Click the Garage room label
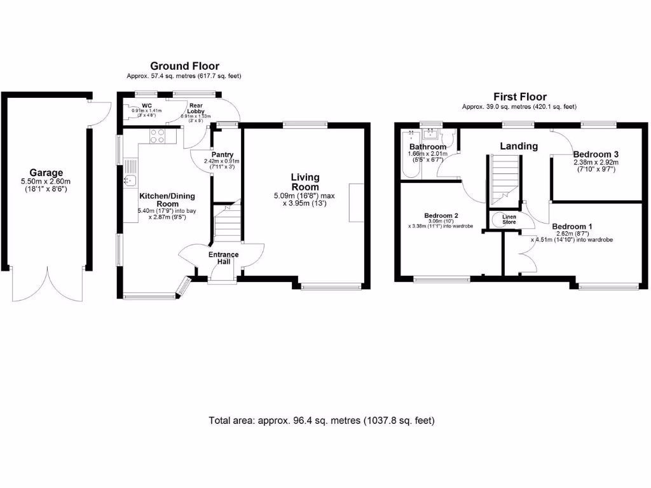coord(46,172)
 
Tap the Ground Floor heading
coord(184,66)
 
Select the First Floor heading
coord(519,97)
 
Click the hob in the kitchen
coord(156,136)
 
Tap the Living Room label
coord(305,182)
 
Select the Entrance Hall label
coord(224,259)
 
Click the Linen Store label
coord(509,219)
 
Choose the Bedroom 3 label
coord(596,154)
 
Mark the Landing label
coord(518,146)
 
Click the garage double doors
coord(46,283)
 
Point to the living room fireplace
coord(356,202)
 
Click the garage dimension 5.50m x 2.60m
coord(46,181)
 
